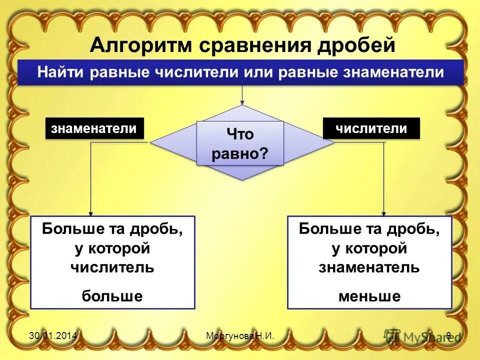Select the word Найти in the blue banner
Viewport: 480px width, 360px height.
pos(61,72)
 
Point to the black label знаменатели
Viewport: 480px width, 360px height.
pos(94,128)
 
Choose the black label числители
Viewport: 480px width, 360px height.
pos(371,128)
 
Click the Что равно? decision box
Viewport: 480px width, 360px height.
pos(240,143)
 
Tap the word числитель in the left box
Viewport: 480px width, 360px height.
pos(112,267)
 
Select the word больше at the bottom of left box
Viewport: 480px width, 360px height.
pos(112,296)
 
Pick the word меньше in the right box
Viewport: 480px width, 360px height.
pos(369,296)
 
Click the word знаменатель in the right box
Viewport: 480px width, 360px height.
pos(369,267)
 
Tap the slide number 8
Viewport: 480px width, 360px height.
pos(448,335)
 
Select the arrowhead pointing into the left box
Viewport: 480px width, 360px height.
pos(90,213)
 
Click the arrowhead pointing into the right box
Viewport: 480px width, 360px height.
pos(383,213)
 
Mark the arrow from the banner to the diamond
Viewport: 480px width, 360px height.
pos(242,95)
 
